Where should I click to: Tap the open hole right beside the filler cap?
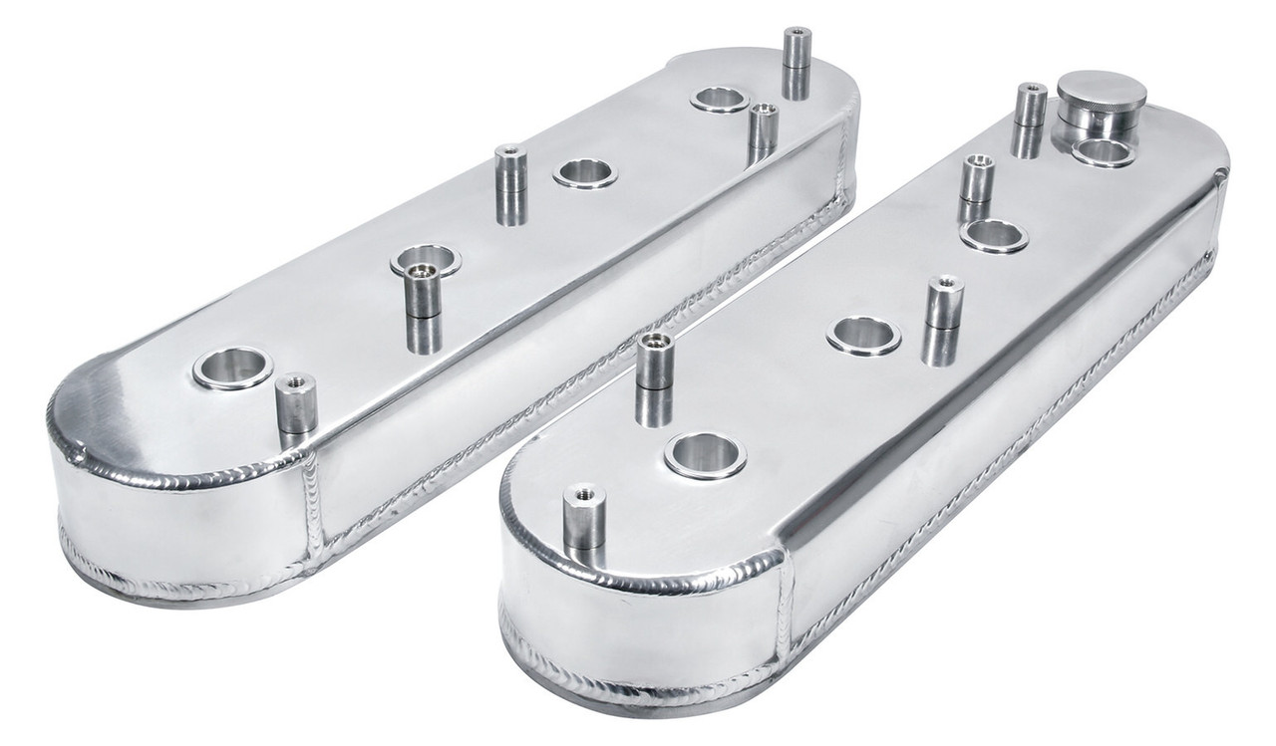[x=1103, y=151]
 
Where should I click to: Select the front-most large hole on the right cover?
[x=705, y=455]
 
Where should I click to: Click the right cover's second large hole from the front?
[x=863, y=336]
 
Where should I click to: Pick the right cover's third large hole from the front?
[x=994, y=236]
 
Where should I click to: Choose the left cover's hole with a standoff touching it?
[x=426, y=262]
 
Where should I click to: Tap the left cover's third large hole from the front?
[x=585, y=173]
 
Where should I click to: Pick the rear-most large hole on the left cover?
[x=719, y=99]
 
